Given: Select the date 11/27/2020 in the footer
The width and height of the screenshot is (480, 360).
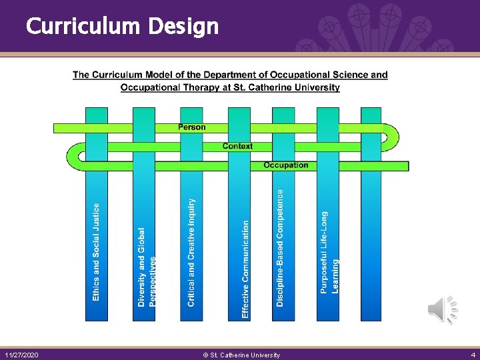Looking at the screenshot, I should tap(21, 355).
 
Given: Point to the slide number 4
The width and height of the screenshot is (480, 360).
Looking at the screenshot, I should tap(473, 355).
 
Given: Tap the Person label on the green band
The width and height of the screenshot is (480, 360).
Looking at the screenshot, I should tap(192, 127).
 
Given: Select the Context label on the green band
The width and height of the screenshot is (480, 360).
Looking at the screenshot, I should tap(237, 146).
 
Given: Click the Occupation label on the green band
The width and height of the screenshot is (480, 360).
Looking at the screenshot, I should tap(285, 165).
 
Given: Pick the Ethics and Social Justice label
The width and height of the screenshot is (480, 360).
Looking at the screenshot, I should tap(96, 251).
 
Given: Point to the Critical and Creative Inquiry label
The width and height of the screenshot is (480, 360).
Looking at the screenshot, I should tap(192, 252).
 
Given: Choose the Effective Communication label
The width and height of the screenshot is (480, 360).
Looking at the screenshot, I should tap(245, 269).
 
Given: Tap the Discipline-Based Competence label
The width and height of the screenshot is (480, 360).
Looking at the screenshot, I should tap(280, 247).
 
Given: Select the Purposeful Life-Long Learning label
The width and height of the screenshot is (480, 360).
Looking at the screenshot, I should tap(329, 252).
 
